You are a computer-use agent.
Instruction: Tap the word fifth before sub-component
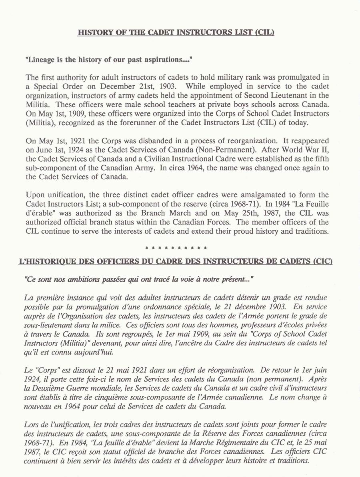(x=321, y=159)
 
